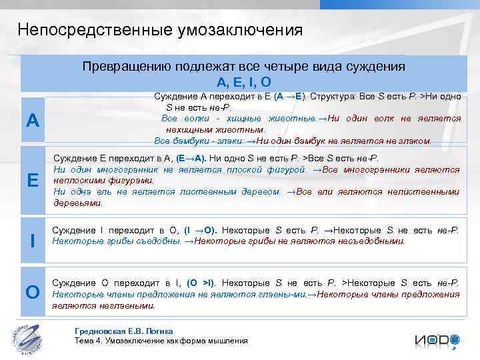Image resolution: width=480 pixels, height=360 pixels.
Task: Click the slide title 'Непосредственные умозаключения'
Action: coord(160,30)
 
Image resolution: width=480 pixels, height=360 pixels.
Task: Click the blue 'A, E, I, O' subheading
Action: coord(243,82)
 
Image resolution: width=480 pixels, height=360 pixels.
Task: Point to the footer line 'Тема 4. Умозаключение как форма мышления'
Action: coord(161,341)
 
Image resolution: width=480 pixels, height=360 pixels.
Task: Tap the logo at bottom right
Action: coord(437,339)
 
